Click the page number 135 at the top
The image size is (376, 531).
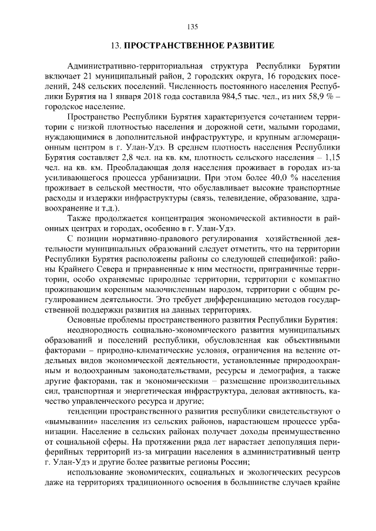coord(193,26)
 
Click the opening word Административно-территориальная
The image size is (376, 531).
coord(129,65)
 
